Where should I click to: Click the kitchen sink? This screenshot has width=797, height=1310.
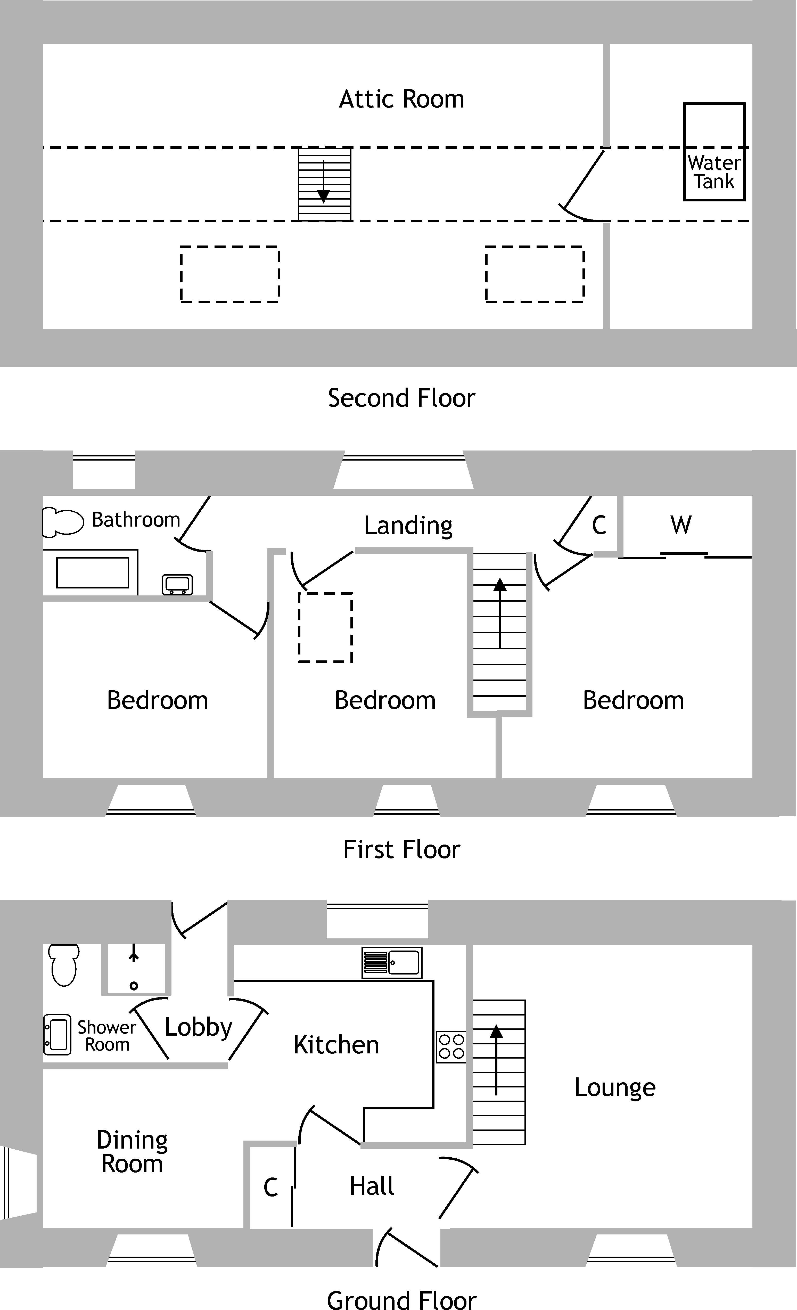[x=392, y=962]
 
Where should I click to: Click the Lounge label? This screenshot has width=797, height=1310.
[x=615, y=1088]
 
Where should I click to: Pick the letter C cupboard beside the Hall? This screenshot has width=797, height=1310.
[x=271, y=1187]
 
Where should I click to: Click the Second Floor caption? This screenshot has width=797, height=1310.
[x=401, y=398]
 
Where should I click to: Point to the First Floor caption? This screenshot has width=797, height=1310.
[x=401, y=850]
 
